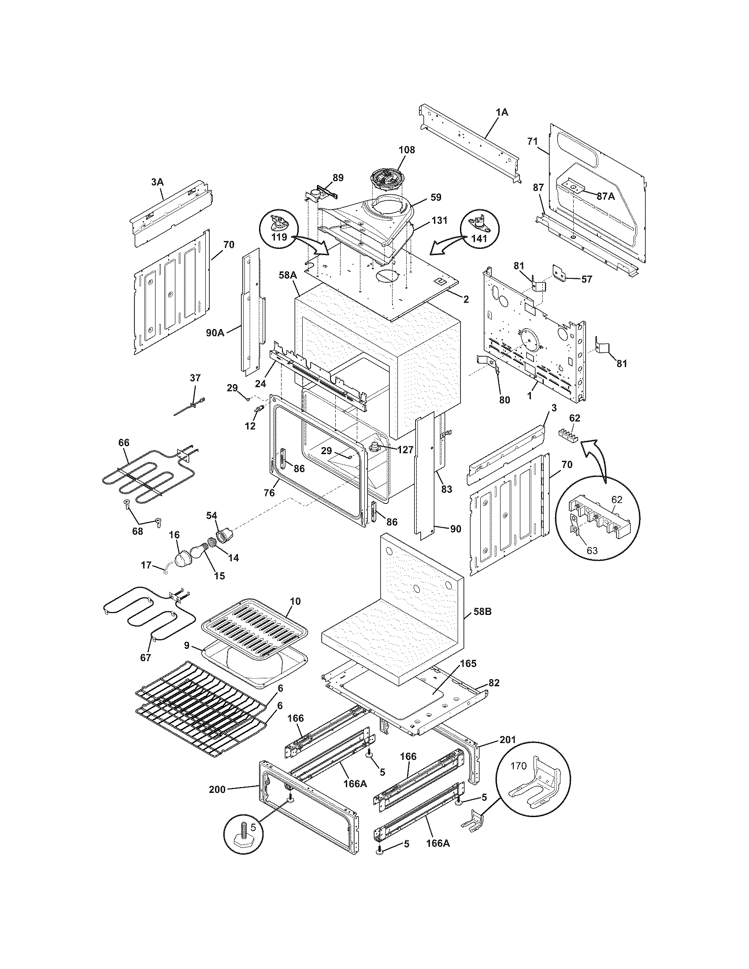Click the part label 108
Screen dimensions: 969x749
(x=407, y=150)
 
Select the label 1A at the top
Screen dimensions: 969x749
(x=502, y=113)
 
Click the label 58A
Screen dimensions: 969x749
(x=288, y=276)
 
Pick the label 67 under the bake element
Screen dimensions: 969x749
(x=145, y=658)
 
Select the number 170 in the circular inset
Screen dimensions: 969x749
(x=518, y=766)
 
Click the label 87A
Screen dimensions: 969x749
(x=605, y=196)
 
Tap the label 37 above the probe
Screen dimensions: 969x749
(x=195, y=378)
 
